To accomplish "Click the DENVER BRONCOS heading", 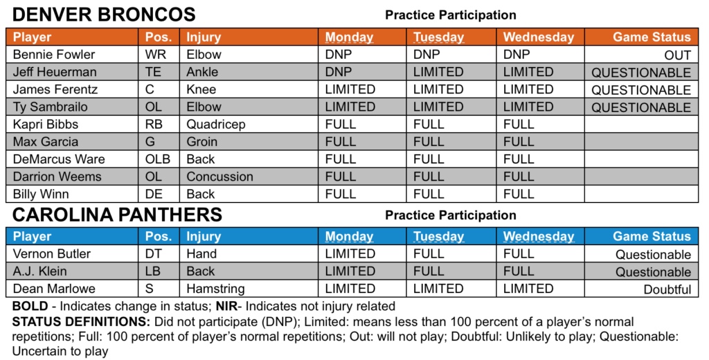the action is (x=104, y=15).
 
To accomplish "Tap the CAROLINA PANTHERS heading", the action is (x=117, y=215).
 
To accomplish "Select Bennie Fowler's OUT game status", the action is (x=677, y=55).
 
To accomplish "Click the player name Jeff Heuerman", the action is (x=55, y=72).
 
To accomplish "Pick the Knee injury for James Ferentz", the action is (x=201, y=89).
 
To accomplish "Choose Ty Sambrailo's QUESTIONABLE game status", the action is (x=641, y=107).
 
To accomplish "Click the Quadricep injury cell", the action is (x=216, y=125).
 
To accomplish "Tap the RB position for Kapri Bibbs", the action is (x=154, y=125).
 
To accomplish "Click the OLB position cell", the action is (x=158, y=159).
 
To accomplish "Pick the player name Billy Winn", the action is (x=41, y=194).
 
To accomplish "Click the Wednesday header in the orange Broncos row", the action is (x=539, y=37).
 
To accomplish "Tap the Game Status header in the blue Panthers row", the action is (x=652, y=236).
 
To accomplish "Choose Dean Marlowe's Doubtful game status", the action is (x=667, y=289).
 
